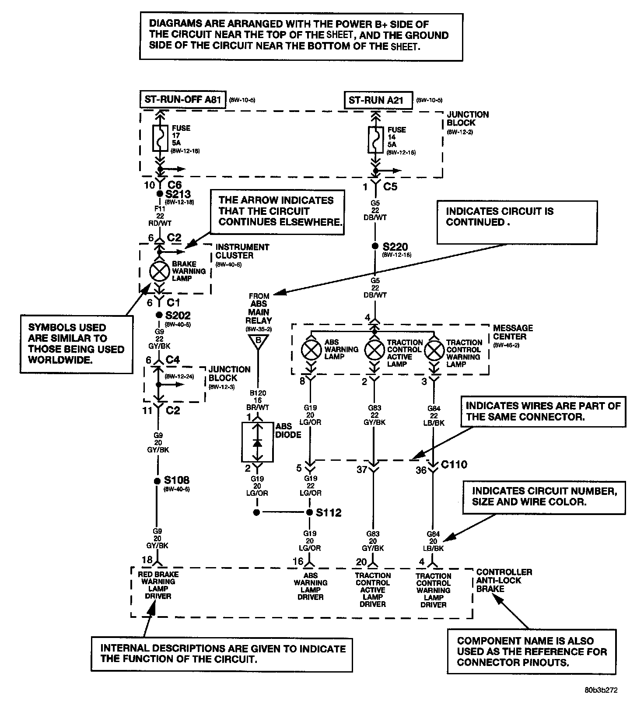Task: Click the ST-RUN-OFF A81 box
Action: [x=183, y=100]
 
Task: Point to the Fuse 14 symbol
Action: [x=375, y=140]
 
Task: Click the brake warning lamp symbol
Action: [x=159, y=272]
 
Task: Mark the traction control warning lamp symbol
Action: [x=434, y=350]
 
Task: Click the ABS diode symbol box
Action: [x=258, y=442]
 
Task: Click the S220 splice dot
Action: [x=374, y=246]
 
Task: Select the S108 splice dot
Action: [x=157, y=481]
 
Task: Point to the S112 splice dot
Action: [x=310, y=512]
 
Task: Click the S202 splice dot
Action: [x=159, y=315]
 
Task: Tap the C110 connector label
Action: [x=454, y=465]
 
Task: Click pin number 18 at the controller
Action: [x=147, y=560]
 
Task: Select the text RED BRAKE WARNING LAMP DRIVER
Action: [x=158, y=585]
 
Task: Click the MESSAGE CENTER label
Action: [x=513, y=332]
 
